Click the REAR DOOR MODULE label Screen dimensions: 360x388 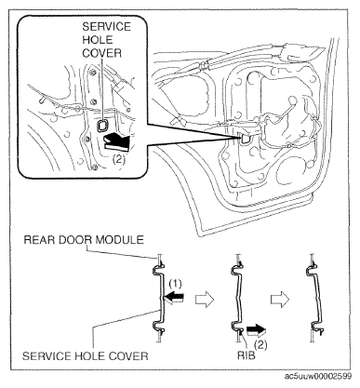click(x=84, y=240)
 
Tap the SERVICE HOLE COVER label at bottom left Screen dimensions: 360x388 click(x=86, y=355)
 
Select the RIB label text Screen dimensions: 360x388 click(x=247, y=355)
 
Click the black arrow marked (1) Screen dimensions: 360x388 click(x=173, y=298)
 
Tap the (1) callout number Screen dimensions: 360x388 click(x=176, y=284)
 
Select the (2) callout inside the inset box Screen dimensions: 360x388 click(x=119, y=159)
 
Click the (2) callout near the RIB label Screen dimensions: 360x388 click(x=260, y=345)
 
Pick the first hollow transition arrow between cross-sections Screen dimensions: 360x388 click(x=205, y=300)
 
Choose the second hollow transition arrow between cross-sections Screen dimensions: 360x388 click(x=279, y=300)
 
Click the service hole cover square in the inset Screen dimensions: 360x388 click(x=101, y=126)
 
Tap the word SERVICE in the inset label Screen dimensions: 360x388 click(x=106, y=27)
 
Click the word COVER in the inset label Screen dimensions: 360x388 click(x=101, y=53)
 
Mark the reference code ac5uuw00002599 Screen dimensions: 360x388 click(x=318, y=376)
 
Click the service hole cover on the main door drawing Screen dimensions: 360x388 click(x=244, y=138)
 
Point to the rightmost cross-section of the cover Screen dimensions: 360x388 click(x=315, y=299)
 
